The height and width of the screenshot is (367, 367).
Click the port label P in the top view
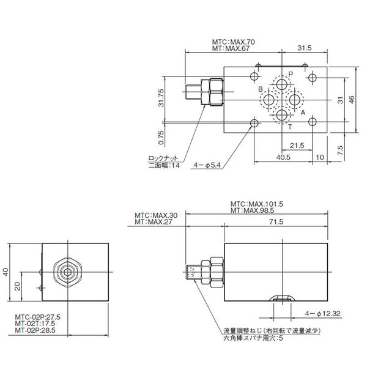pos(292,73)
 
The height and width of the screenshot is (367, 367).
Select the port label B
pos(261,91)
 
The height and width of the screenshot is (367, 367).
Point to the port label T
pos(290,127)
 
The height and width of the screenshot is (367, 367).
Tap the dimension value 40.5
pos(283,157)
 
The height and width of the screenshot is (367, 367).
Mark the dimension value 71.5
pos(276,223)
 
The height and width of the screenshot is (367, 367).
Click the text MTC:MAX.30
pos(157,215)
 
